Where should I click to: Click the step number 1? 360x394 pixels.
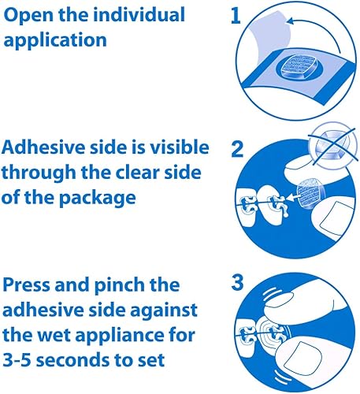(x=235, y=18)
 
